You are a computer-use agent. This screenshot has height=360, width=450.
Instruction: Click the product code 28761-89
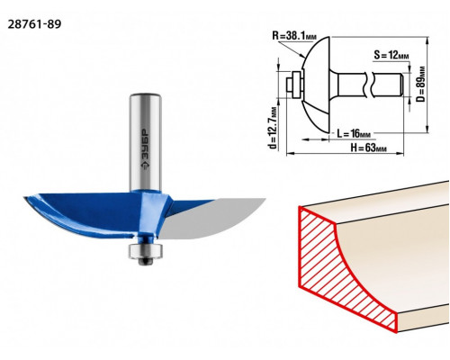click(x=34, y=24)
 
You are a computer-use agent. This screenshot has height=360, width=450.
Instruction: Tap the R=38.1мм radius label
click(x=294, y=36)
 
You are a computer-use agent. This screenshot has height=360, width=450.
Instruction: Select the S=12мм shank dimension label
click(x=391, y=55)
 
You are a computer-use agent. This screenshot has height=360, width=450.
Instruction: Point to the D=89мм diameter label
click(x=421, y=84)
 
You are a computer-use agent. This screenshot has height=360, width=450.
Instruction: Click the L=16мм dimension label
click(x=354, y=133)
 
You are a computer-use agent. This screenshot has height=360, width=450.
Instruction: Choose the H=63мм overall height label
click(x=368, y=148)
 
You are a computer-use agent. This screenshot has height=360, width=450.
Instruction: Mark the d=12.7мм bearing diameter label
click(x=273, y=128)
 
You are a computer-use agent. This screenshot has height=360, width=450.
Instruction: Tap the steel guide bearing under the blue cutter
click(x=146, y=251)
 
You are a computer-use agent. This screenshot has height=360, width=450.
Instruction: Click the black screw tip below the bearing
click(x=146, y=262)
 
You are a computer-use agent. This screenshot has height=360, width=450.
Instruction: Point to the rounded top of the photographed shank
click(x=146, y=97)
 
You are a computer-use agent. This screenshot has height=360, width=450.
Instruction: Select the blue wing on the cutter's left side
click(x=81, y=214)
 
